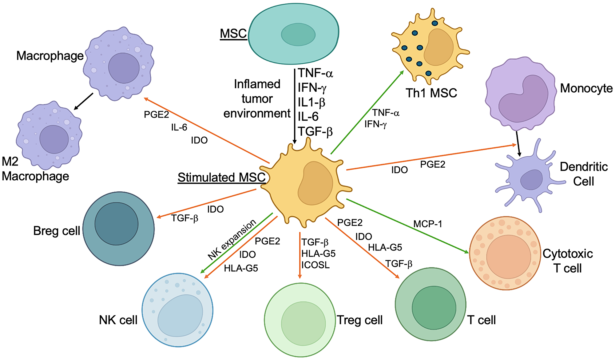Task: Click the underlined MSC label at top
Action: point(233,34)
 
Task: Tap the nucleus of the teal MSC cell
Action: point(298,34)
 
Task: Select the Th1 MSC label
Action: point(431,93)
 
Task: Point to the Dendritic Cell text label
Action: point(583,174)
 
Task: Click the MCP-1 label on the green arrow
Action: point(427,224)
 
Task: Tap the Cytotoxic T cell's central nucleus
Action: point(508,256)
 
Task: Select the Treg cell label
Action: point(359,320)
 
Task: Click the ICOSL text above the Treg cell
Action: point(315,265)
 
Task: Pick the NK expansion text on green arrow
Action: point(232,240)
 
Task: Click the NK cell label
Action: point(118,320)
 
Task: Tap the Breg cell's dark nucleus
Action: point(116,224)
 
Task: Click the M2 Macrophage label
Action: point(35,169)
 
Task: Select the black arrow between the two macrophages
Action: point(84,101)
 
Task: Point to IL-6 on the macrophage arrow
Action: point(179,127)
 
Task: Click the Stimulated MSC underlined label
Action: point(221,178)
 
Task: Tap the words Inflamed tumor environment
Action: point(257,99)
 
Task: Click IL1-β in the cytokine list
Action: point(311,102)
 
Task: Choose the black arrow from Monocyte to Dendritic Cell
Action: point(518,144)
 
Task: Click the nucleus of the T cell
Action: point(434,308)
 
